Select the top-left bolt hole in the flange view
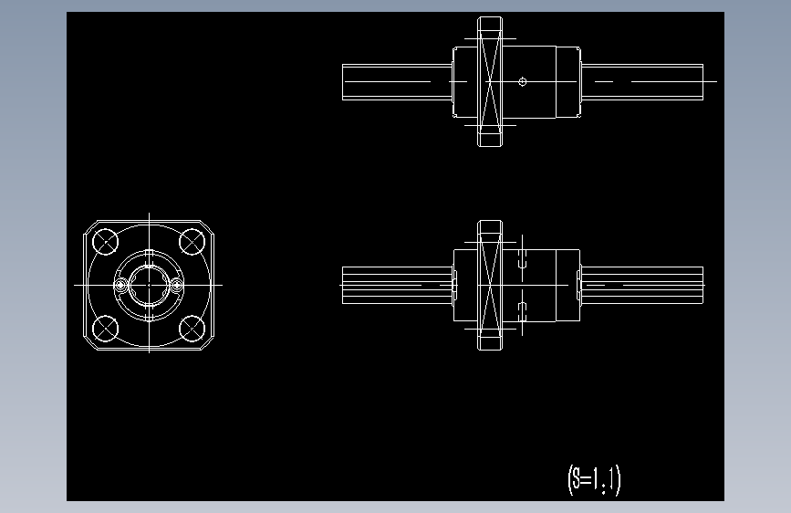(x=106, y=242)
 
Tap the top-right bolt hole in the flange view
(x=192, y=242)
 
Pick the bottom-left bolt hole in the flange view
(x=106, y=328)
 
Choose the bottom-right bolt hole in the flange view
(x=192, y=328)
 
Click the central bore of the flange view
(x=149, y=285)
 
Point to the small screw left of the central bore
(x=120, y=286)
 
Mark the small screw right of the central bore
(x=177, y=286)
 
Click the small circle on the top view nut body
(x=522, y=81)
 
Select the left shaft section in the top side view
(x=397, y=81)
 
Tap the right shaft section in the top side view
(x=643, y=81)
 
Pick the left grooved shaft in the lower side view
(x=397, y=285)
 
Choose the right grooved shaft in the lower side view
(x=643, y=285)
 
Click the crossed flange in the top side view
(x=490, y=81)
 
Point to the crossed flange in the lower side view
(x=490, y=285)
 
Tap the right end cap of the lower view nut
(x=578, y=285)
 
